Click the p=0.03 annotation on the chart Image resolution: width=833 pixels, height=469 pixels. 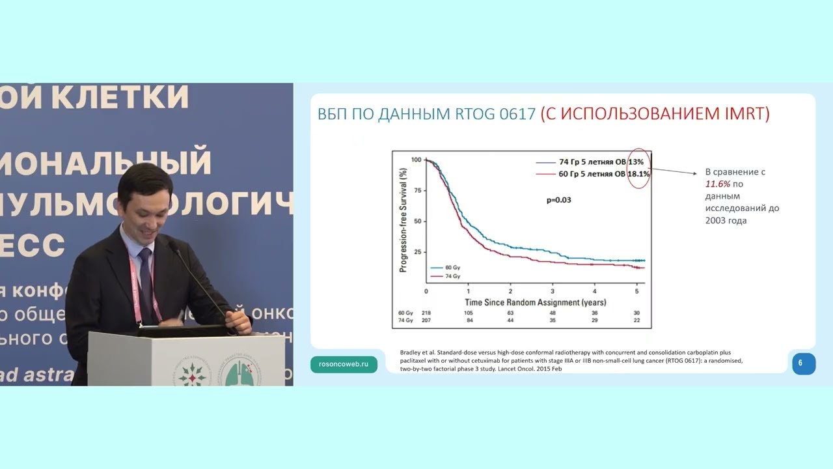pos(558,200)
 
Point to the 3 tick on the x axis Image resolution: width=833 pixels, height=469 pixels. pos(553,291)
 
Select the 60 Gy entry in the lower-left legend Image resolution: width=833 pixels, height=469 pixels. pos(453,267)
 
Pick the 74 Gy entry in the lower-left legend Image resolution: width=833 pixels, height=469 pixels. pos(453,276)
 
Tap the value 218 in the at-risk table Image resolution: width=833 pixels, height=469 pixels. pos(427,313)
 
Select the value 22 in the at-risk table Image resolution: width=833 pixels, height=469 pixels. pos(636,321)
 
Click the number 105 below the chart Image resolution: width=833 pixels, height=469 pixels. pos(468,313)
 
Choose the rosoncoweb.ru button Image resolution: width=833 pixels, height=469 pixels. pos(344,364)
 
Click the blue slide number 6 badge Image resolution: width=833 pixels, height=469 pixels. pos(804,363)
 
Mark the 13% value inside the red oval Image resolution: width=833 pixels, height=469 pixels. pos(636,162)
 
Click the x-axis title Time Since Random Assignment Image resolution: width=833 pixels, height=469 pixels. pos(535,302)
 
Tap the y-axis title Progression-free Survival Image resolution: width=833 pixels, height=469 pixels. pos(403,219)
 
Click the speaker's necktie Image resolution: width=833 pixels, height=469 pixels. pos(145,280)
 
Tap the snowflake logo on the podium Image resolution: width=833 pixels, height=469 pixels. pos(193,371)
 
